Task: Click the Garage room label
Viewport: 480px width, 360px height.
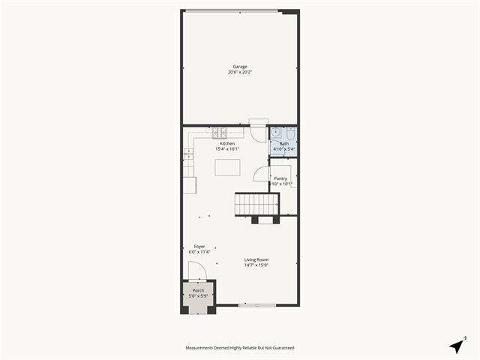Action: pyautogui.click(x=239, y=67)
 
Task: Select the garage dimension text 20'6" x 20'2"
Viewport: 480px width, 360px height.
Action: pyautogui.click(x=239, y=73)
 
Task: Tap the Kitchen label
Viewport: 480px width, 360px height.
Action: pyautogui.click(x=227, y=143)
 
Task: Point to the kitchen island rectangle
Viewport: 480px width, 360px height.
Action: pyautogui.click(x=228, y=167)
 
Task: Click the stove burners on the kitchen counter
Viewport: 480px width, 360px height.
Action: pyautogui.click(x=220, y=133)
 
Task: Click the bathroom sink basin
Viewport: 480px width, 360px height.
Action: pyautogui.click(x=276, y=134)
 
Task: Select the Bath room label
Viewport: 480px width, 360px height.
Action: pyautogui.click(x=284, y=143)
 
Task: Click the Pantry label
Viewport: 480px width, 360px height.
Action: pyautogui.click(x=280, y=178)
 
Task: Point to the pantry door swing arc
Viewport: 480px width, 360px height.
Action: pyautogui.click(x=261, y=173)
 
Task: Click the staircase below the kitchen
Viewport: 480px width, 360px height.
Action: pyautogui.click(x=256, y=204)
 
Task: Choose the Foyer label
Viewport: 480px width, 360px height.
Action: pyautogui.click(x=199, y=246)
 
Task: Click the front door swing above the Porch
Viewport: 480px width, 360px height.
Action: pyautogui.click(x=196, y=271)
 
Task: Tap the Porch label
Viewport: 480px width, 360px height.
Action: pyautogui.click(x=198, y=290)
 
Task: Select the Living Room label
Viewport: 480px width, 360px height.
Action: pyautogui.click(x=256, y=259)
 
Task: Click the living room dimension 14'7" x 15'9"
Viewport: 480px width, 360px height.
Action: pyautogui.click(x=256, y=265)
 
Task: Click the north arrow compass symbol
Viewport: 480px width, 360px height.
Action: pyautogui.click(x=456, y=345)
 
